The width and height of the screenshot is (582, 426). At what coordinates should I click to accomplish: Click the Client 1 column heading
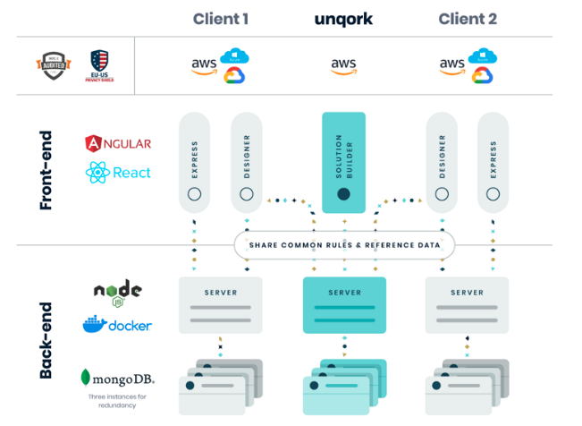[x=222, y=18]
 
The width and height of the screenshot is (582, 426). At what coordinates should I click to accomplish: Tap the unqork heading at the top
[x=344, y=18]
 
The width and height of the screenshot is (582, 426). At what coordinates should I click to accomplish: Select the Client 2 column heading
[x=468, y=18]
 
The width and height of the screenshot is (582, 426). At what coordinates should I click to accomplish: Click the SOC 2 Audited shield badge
[x=53, y=65]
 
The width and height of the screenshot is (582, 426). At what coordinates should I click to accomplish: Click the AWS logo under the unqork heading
[x=344, y=65]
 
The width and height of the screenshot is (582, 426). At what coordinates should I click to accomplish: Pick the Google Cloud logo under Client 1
[x=234, y=75]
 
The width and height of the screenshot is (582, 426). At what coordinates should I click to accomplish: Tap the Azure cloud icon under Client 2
[x=483, y=56]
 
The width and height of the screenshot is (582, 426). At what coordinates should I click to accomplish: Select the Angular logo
[x=118, y=143]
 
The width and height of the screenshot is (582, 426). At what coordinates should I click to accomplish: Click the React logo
[x=118, y=173]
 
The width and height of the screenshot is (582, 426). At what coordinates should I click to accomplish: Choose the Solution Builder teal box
[x=343, y=162]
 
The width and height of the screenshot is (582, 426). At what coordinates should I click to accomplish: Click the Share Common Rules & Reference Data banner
[x=344, y=244]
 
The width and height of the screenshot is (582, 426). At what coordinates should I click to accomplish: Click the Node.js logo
[x=117, y=293]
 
